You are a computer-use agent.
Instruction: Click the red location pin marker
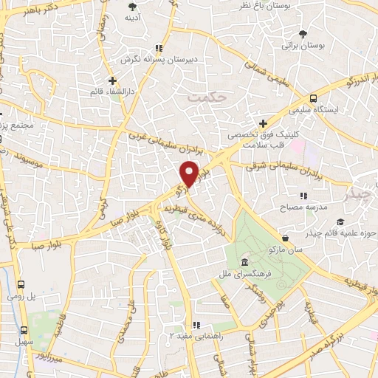pos(189,173)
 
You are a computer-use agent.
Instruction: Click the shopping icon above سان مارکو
pos(286,237)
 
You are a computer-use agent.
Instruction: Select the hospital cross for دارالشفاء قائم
pos(112,80)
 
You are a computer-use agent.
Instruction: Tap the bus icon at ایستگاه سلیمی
pos(314,97)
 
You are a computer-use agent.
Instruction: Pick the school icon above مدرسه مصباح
pos(303,196)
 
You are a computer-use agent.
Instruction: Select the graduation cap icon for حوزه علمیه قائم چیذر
pos(340,221)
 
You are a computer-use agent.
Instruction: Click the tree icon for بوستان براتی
pos(303,33)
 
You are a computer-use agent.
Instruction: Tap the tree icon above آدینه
pos(133,6)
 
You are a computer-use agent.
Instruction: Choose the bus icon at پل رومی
pos(21,284)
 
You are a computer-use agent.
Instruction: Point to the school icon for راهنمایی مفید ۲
pos(196,324)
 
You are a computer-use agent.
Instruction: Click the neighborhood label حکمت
pos(203,97)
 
